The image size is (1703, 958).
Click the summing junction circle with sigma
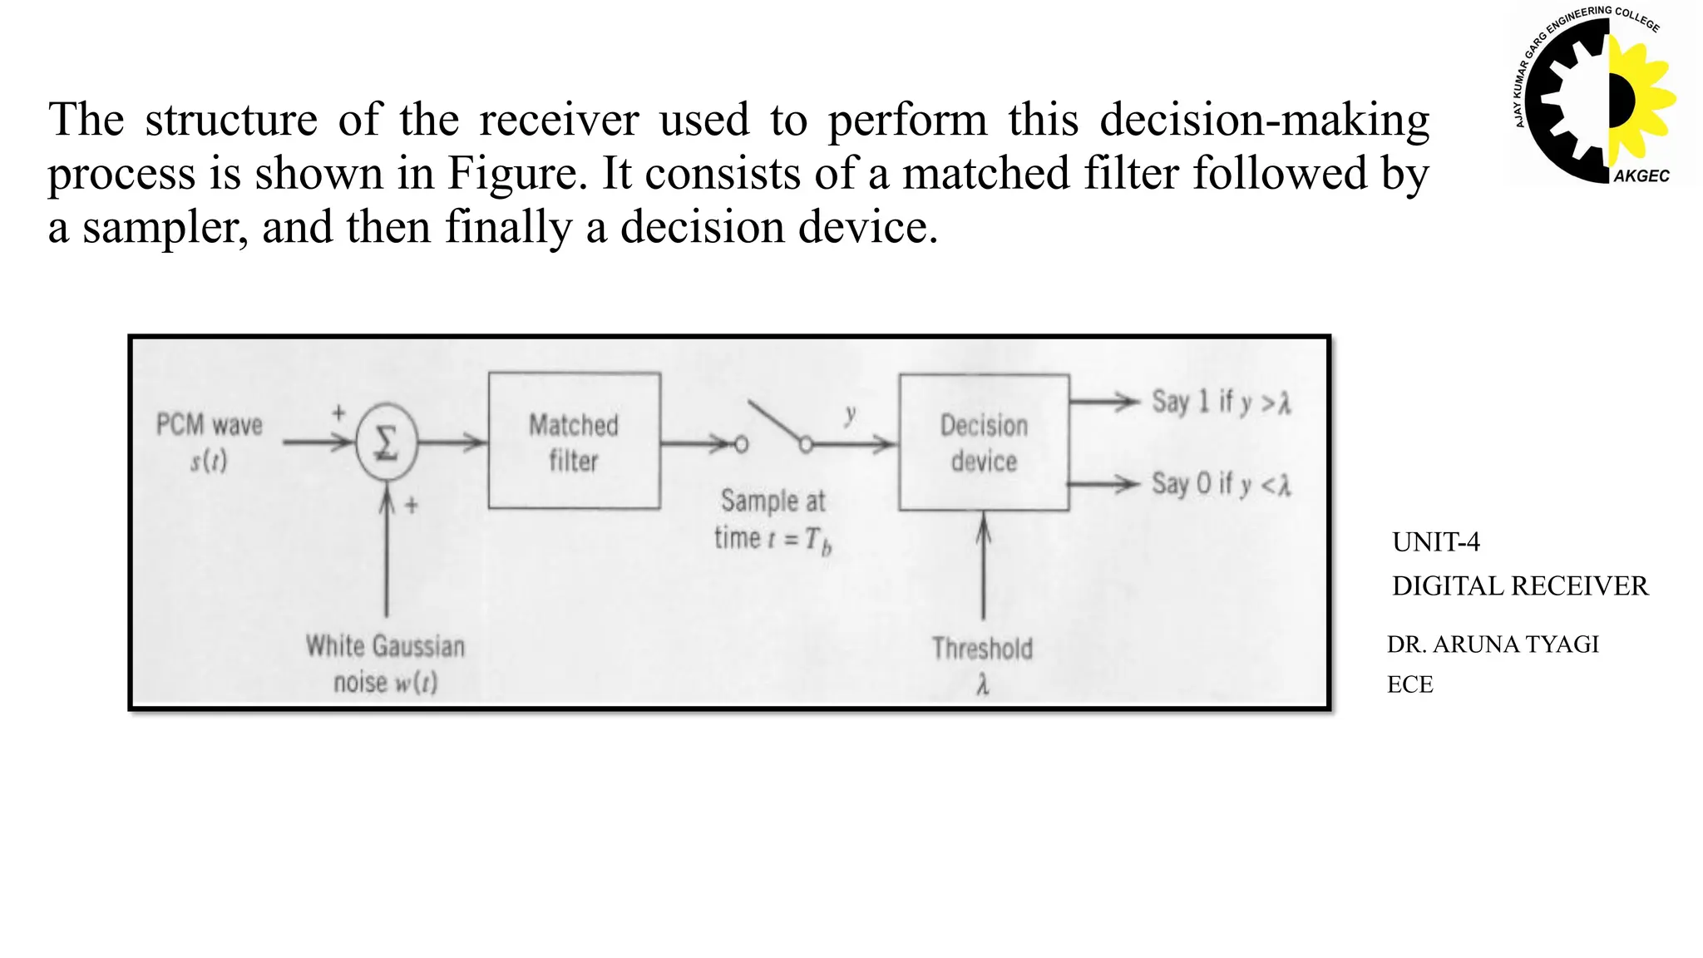click(386, 442)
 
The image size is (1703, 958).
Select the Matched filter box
click(574, 442)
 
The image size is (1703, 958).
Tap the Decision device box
click(984, 442)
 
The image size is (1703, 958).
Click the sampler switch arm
click(775, 423)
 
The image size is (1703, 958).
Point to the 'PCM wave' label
click(210, 426)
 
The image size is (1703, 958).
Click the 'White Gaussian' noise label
click(385, 646)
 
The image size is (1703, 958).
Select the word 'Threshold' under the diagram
click(982, 649)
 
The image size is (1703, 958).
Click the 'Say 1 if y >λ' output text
click(1221, 402)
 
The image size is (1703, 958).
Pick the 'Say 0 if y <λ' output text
click(1221, 484)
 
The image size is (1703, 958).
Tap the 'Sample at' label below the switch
click(773, 501)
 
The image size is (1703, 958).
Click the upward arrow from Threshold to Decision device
click(984, 565)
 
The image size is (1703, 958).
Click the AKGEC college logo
click(1592, 96)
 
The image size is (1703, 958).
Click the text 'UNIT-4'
click(1435, 542)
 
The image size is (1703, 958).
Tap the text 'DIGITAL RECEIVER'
click(1519, 586)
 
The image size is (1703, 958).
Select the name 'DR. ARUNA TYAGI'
click(1493, 644)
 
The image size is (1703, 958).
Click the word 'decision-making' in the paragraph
click(1264, 120)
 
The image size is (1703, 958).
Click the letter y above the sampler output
click(850, 413)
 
